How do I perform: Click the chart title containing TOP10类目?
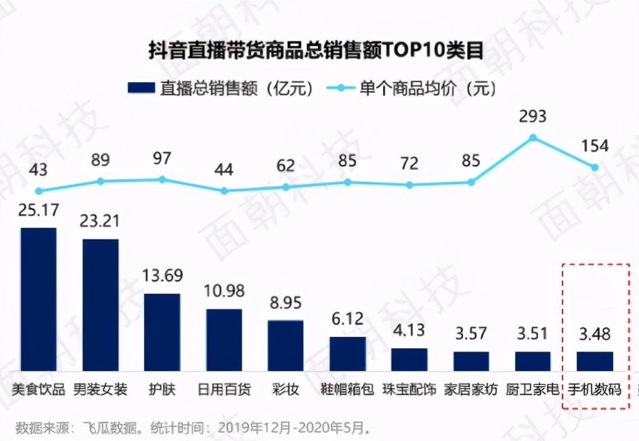point(316,51)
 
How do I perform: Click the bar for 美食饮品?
point(39,299)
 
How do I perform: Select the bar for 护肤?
point(162,332)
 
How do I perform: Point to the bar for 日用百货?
point(224,340)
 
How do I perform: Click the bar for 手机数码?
point(595,361)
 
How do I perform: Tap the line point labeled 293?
point(533,137)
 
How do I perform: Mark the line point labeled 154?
point(595,167)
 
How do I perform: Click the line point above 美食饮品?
point(39,191)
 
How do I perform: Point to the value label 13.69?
point(162,277)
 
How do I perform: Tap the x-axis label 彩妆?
point(286,390)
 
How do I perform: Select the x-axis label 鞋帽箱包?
point(347,390)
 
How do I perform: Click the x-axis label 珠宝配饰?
point(410,390)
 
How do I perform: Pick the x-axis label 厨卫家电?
point(533,390)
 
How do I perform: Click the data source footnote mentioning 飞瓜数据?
point(193,427)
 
